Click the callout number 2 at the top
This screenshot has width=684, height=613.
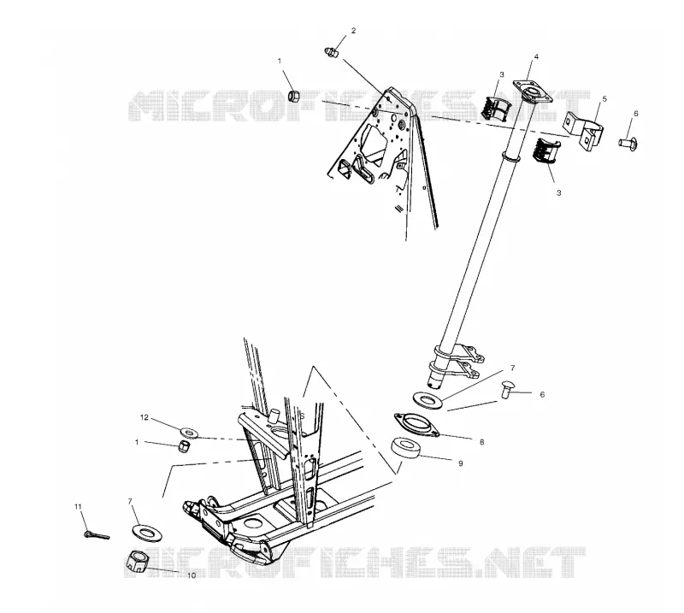(x=353, y=31)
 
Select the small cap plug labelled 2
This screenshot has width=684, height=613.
(x=332, y=53)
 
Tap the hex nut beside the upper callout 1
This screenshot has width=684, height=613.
(x=294, y=96)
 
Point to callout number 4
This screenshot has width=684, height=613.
(x=537, y=56)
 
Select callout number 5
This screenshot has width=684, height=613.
(x=604, y=99)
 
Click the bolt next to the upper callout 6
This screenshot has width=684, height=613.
(x=628, y=142)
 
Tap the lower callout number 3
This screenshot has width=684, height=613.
(x=559, y=192)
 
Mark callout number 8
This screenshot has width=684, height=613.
(x=482, y=442)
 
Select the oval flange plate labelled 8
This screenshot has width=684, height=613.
(x=416, y=425)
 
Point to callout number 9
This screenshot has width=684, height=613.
(x=461, y=463)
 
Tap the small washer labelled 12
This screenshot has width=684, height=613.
(x=189, y=433)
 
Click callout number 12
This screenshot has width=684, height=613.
(x=144, y=417)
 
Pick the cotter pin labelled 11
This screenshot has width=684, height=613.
(x=97, y=534)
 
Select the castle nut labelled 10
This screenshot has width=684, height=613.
(x=139, y=561)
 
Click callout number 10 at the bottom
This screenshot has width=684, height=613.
(x=192, y=575)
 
